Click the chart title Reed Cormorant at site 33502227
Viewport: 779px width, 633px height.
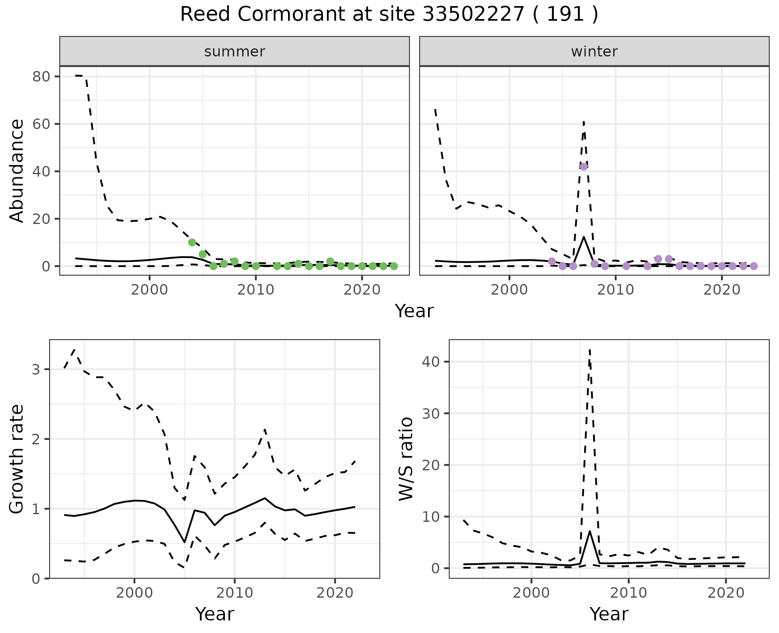[x=389, y=15]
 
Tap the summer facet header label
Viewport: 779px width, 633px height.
[x=235, y=52]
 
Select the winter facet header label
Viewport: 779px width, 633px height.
[x=594, y=52]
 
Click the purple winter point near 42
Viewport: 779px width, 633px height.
[x=583, y=166]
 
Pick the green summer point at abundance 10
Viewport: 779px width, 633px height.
[x=192, y=242]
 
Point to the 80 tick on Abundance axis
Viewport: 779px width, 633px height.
[x=41, y=77]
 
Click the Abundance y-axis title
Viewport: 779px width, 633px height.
[x=17, y=170]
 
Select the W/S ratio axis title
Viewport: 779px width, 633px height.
[x=406, y=459]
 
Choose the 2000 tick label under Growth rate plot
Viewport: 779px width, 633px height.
[x=134, y=593]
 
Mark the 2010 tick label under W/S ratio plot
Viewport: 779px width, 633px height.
[x=628, y=593]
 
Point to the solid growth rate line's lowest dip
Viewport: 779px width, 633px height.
[x=185, y=542]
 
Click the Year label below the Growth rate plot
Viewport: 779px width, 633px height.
[x=214, y=614]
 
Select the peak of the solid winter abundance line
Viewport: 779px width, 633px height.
[x=583, y=237]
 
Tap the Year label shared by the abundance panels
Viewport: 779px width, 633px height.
[x=414, y=311]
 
